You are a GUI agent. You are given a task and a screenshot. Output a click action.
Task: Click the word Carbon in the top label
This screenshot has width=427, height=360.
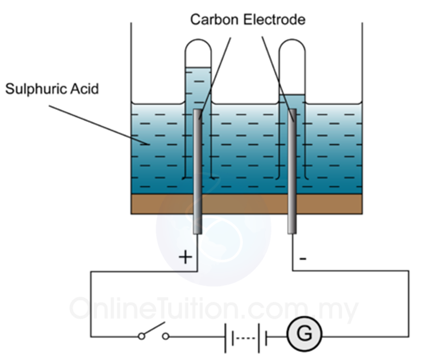pos(214,19)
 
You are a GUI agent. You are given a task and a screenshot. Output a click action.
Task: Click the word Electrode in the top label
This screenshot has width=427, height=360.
pos(274,19)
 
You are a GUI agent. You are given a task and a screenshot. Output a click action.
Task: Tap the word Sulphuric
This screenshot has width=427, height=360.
pos(36,89)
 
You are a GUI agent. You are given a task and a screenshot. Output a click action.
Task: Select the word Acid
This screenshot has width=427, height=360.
pos(85,89)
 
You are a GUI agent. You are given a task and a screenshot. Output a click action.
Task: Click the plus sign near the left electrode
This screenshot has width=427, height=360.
pos(186,257)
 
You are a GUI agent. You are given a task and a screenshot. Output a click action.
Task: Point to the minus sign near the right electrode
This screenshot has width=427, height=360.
pos(303,259)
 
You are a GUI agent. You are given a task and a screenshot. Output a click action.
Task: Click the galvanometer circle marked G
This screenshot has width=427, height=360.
pos(304,334)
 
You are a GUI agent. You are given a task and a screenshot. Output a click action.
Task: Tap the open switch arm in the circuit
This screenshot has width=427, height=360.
pos(154,328)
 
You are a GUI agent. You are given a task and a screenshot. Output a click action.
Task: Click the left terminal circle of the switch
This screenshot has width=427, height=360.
pos(141,337)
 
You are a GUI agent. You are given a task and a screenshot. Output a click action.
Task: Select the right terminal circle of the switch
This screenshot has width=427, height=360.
pos(166,337)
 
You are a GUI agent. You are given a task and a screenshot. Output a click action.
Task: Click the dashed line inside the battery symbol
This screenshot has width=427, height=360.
pos(245,338)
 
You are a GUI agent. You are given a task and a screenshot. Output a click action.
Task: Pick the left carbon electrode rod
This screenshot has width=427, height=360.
pos(198,171)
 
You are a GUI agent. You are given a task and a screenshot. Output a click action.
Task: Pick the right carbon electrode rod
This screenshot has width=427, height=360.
pos(292,171)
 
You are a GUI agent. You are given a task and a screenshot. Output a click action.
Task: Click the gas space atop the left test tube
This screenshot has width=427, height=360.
pos(198,54)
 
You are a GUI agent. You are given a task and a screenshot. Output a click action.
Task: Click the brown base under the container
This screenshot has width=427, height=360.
pos(247,204)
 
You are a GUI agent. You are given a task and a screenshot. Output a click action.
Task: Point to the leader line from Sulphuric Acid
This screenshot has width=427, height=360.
pos(99,125)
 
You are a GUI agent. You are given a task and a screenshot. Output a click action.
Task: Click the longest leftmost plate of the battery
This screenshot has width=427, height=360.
pos(225,338)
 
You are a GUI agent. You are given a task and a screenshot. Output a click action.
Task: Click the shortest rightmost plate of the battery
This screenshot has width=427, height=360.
pos(266,338)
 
